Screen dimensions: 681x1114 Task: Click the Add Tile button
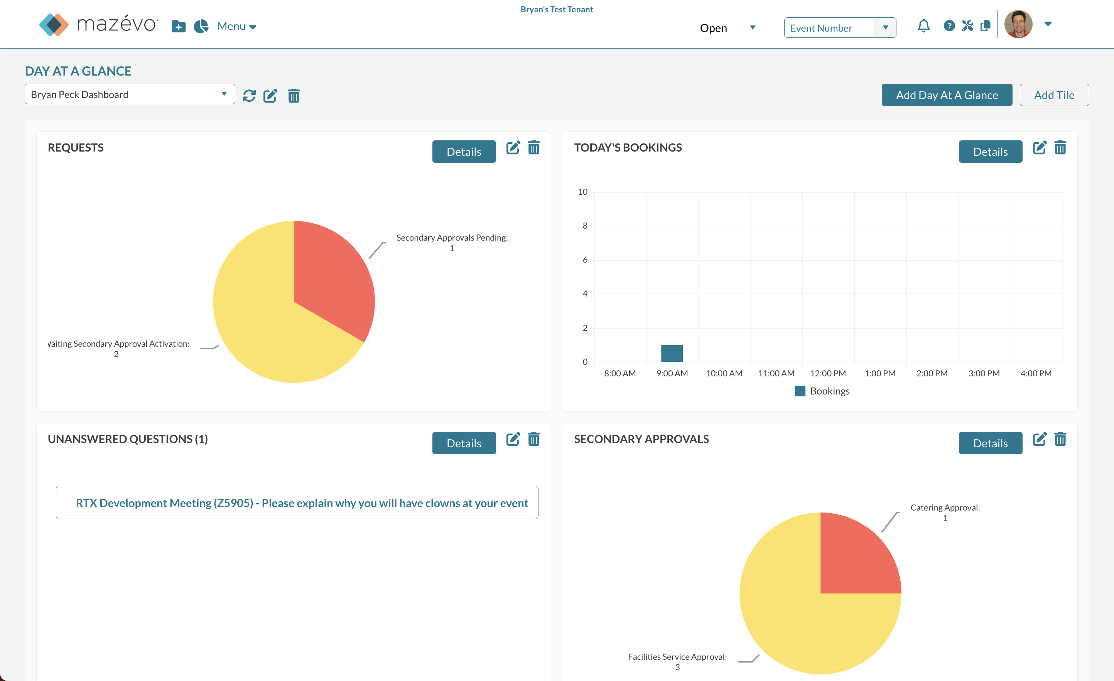click(1054, 95)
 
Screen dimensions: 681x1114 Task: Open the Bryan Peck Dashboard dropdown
click(130, 94)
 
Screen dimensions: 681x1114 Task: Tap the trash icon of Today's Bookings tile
click(1060, 148)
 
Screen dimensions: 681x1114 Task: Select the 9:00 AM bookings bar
click(672, 353)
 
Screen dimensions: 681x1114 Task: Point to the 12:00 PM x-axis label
click(827, 373)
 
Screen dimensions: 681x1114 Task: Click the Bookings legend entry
click(822, 391)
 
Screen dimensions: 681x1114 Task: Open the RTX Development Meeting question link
click(302, 503)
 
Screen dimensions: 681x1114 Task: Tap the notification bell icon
click(923, 26)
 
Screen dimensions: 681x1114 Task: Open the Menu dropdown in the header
click(236, 26)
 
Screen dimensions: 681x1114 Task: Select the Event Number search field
click(830, 28)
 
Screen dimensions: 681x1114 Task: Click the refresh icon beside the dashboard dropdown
click(249, 95)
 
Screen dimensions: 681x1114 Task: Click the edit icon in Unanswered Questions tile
click(513, 439)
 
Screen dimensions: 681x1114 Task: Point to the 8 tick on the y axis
click(584, 226)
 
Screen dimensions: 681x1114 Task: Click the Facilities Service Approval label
click(677, 657)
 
